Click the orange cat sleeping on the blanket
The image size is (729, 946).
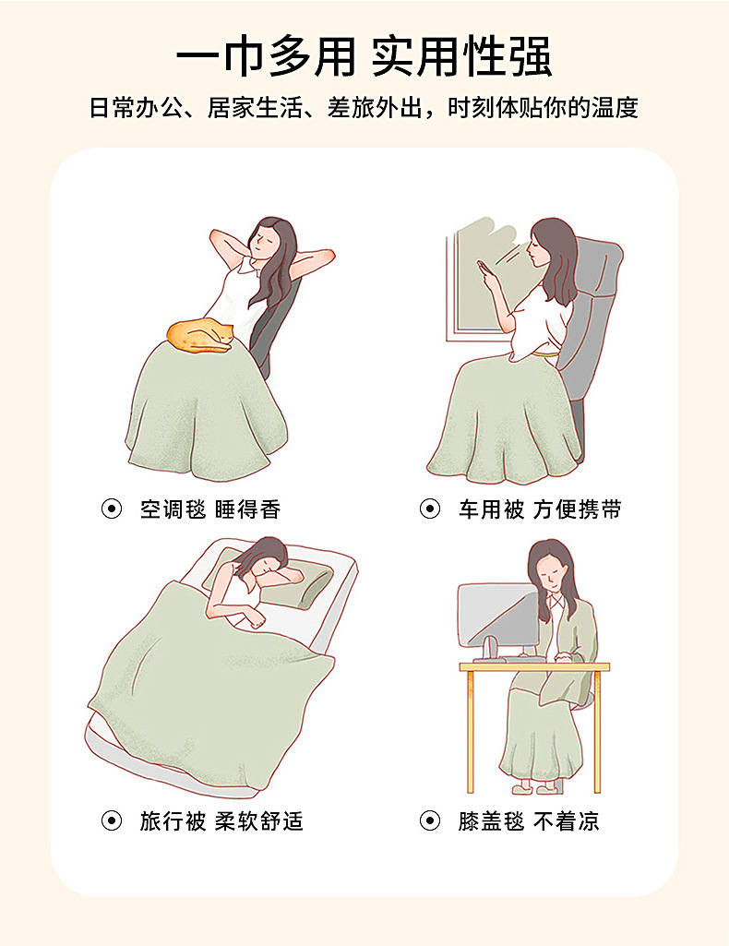(x=201, y=336)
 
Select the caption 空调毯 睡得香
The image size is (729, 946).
(x=209, y=509)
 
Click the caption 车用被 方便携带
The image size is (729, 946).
(x=540, y=509)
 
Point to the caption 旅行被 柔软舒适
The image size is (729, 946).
(x=221, y=820)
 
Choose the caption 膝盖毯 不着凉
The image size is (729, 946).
(x=529, y=820)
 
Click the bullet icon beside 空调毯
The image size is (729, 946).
(x=112, y=509)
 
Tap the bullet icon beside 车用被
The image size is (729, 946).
(x=430, y=509)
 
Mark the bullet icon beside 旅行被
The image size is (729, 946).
(x=112, y=820)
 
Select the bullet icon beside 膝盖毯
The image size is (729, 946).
(x=430, y=820)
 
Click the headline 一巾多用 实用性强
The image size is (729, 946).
(x=364, y=57)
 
